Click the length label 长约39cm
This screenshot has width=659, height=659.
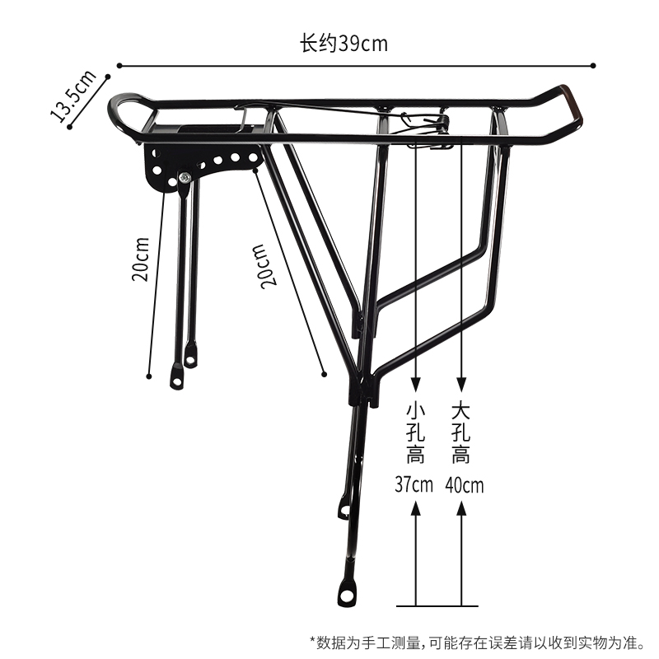click(344, 44)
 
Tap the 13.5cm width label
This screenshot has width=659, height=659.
click(73, 96)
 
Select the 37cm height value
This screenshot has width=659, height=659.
click(414, 484)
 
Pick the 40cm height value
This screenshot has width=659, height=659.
click(464, 484)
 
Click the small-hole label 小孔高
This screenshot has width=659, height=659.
click(415, 432)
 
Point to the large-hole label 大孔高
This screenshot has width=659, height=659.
click(461, 432)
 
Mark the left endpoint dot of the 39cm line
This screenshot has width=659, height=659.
click(119, 65)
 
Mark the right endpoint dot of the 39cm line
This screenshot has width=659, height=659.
click(594, 65)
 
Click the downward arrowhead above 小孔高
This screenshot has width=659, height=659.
click(416, 383)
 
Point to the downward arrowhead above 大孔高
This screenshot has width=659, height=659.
click(462, 383)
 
